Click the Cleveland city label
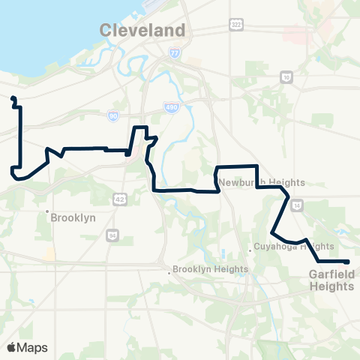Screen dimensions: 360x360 (142, 31)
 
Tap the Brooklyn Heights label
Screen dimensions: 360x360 (210, 269)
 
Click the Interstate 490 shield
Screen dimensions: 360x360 (172, 109)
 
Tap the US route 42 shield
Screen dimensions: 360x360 (119, 197)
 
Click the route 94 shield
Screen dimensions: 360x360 (112, 235)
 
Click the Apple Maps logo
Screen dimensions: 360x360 (27, 347)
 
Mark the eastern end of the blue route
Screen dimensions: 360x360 (348, 262)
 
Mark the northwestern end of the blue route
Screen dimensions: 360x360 (13, 98)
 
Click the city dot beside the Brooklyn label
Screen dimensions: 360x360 (47, 211)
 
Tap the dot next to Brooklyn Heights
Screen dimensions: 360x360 (169, 271)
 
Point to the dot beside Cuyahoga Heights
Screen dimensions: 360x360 (250, 250)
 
